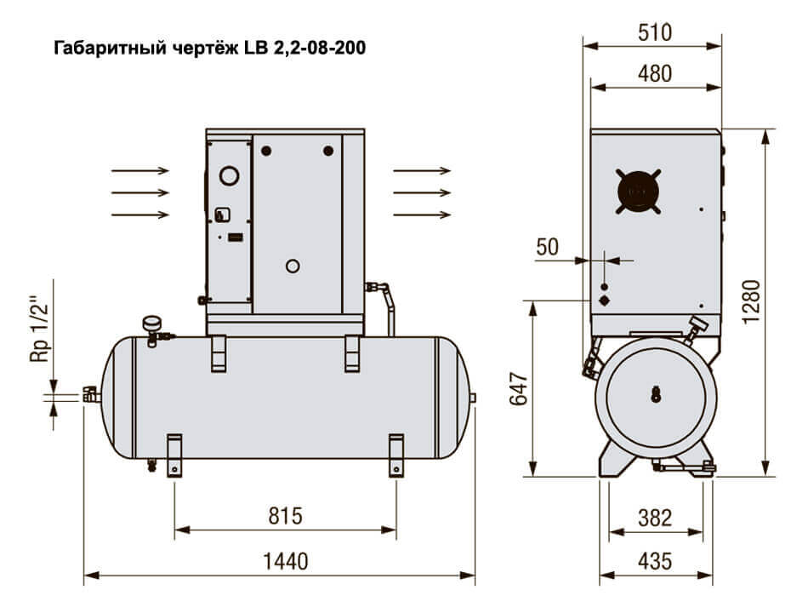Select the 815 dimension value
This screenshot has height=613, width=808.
[285, 517]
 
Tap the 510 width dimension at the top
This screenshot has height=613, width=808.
[654, 32]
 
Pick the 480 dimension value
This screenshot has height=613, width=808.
[654, 74]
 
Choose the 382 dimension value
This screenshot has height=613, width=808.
[654, 518]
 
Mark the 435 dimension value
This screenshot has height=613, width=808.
[654, 561]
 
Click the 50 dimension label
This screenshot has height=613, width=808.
[548, 247]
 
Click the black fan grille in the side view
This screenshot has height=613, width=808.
[639, 190]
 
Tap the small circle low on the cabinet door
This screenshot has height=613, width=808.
[293, 266]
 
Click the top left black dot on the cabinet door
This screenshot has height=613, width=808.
[267, 151]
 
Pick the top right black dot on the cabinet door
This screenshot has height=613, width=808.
[329, 151]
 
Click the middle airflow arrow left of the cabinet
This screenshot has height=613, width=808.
[140, 192]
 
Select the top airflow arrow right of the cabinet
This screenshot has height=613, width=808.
[422, 171]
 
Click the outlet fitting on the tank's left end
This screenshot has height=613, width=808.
[90, 394]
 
